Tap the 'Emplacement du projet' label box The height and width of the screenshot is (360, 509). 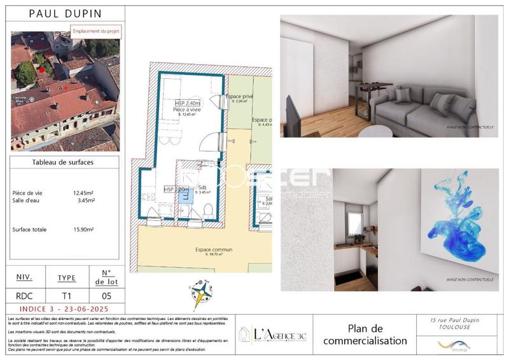(95, 31)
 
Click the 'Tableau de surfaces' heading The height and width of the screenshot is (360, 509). (63, 163)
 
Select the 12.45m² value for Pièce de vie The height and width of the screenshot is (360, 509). (84, 192)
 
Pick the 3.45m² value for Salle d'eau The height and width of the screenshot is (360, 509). (85, 200)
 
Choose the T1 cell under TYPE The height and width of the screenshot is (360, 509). (66, 296)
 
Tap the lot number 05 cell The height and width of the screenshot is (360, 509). (107, 296)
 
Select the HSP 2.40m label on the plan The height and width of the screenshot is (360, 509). (188, 103)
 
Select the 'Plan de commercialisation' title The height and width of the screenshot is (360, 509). (365, 335)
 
